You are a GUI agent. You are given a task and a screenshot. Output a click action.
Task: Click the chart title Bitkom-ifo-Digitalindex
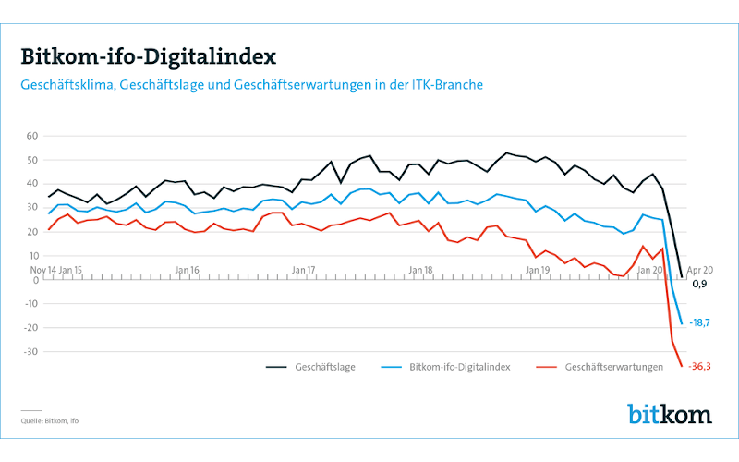pyautogui.click(x=148, y=57)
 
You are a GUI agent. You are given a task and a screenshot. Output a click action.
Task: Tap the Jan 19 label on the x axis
pyautogui.click(x=539, y=269)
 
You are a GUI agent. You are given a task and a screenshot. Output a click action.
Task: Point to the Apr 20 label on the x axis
pyautogui.click(x=700, y=269)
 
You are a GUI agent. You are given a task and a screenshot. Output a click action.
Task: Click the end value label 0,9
pyautogui.click(x=698, y=284)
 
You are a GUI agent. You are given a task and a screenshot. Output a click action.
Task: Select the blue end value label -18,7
pyautogui.click(x=699, y=322)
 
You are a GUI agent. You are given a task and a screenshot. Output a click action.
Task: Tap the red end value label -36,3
pyautogui.click(x=699, y=367)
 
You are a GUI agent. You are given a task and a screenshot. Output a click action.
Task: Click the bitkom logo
pyautogui.click(x=670, y=413)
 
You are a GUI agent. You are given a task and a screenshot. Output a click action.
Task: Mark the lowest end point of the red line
pyautogui.click(x=682, y=366)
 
